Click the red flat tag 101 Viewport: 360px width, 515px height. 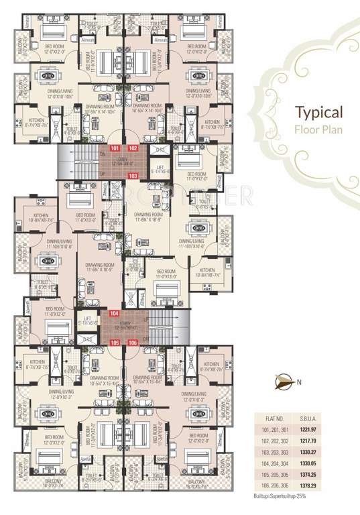click(x=115, y=148)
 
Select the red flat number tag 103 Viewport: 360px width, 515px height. click(x=133, y=175)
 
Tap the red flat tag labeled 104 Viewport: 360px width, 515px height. click(x=115, y=313)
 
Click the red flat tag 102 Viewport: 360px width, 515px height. click(x=133, y=148)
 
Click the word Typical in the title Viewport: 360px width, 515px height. click(x=319, y=112)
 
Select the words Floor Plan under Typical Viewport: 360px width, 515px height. click(x=319, y=129)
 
